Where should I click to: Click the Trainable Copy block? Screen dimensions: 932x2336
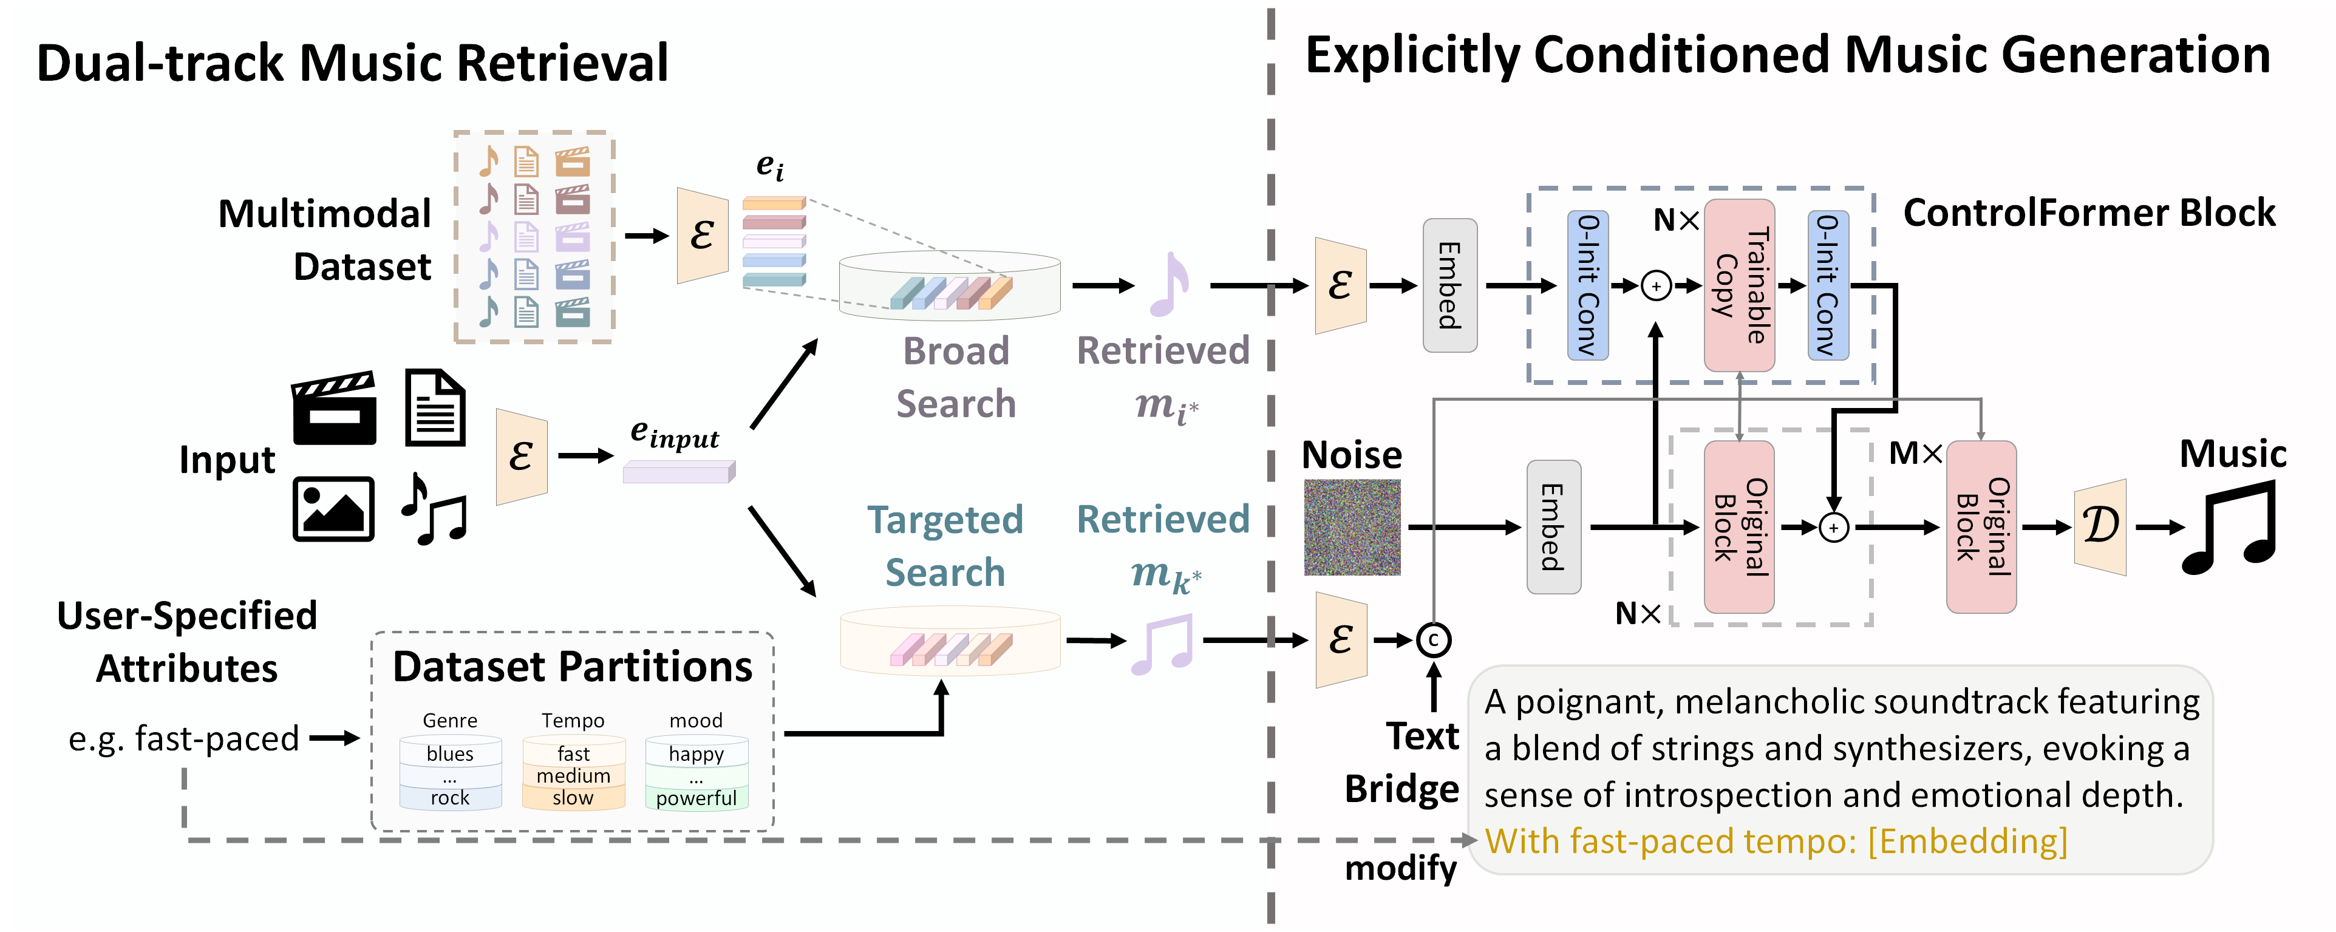(x=1738, y=285)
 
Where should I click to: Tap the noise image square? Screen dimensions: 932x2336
(x=1351, y=527)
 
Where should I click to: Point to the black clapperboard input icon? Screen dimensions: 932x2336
(x=334, y=408)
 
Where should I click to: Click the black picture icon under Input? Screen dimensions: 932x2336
(x=333, y=509)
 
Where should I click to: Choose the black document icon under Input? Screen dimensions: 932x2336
(x=435, y=408)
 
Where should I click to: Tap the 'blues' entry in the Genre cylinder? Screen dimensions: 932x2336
(x=450, y=753)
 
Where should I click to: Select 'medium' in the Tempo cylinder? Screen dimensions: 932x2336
(x=573, y=776)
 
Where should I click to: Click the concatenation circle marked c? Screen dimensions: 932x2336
(x=1433, y=640)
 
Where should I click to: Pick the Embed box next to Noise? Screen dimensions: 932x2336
(x=1553, y=527)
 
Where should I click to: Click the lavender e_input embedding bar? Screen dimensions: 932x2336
(x=678, y=471)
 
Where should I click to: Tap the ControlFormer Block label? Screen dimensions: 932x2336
(x=2088, y=213)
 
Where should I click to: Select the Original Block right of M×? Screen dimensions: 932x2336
(x=1981, y=527)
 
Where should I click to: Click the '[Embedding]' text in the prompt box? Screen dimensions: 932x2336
(x=1968, y=842)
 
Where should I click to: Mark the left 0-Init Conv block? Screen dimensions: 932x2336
(x=1587, y=285)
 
